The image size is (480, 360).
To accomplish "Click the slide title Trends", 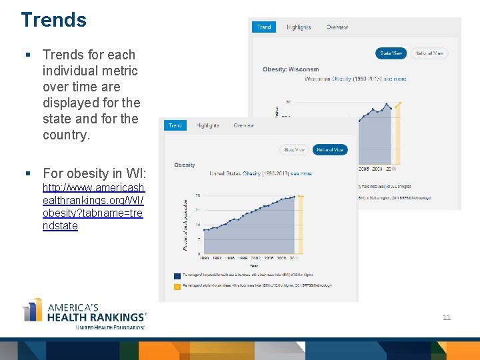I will pos(53,20).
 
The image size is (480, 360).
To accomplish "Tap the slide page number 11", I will pos(447,317).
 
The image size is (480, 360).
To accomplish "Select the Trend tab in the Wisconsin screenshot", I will pos(264,27).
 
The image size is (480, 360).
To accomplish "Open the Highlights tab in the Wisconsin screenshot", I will pos(299,27).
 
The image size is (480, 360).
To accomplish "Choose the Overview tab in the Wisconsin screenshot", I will pos(337,27).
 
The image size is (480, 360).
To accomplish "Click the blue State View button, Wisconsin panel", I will pos(391,53).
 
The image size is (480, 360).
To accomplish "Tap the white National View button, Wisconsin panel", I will pos(429,53).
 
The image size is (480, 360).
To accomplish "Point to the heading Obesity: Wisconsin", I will pos(291,69).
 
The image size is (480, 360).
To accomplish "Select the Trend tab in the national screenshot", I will pos(175,125).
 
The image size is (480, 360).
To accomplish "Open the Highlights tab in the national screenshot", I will pos(207,125).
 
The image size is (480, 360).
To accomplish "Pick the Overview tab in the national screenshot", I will pos(243,125).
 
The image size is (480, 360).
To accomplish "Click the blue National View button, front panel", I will pos(330,150).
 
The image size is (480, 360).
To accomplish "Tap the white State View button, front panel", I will pos(294,150).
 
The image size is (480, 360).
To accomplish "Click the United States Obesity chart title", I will pos(261,174).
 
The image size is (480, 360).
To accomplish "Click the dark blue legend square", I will pos(177,275).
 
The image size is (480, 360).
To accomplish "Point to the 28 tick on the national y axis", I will pos(198,195).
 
